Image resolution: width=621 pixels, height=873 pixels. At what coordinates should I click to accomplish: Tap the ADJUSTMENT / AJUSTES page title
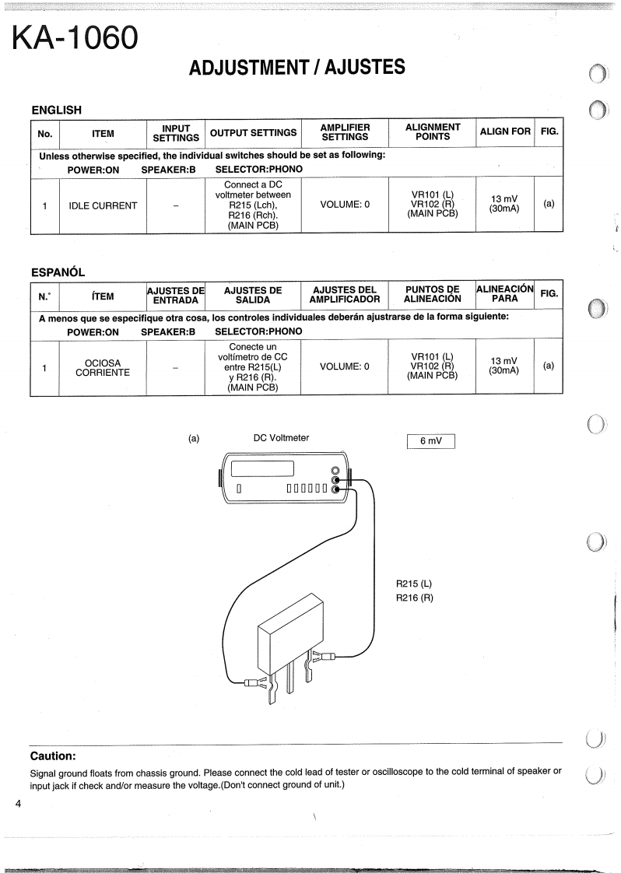(x=296, y=68)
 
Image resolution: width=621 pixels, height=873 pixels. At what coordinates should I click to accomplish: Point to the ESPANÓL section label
(x=57, y=272)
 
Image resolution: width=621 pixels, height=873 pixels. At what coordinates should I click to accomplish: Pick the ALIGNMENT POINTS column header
(x=433, y=131)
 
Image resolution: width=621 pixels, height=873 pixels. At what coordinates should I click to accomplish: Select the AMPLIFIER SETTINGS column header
(x=345, y=131)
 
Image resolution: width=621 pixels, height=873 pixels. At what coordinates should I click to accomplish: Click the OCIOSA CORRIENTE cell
(x=102, y=367)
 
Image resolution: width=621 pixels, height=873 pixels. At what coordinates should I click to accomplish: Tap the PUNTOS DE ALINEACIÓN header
(x=433, y=294)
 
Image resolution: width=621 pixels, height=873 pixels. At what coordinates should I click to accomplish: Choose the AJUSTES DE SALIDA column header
(x=252, y=294)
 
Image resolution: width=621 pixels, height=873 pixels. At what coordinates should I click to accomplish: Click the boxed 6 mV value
(x=430, y=441)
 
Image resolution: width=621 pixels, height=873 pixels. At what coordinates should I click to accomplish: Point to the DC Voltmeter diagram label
(x=281, y=438)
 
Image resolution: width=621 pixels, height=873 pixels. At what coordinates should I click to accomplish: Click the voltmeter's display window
(x=263, y=469)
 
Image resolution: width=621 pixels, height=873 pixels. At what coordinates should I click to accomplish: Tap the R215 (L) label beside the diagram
(x=414, y=583)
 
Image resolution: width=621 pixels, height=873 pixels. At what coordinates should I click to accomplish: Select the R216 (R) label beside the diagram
(x=414, y=598)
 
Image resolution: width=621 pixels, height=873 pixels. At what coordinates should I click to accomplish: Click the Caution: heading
(x=53, y=756)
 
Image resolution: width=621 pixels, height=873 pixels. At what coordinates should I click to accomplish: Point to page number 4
(x=17, y=802)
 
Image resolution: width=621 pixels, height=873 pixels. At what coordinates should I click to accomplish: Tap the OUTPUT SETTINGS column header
(x=254, y=132)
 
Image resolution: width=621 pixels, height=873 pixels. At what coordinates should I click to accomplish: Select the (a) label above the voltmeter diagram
(x=195, y=438)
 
